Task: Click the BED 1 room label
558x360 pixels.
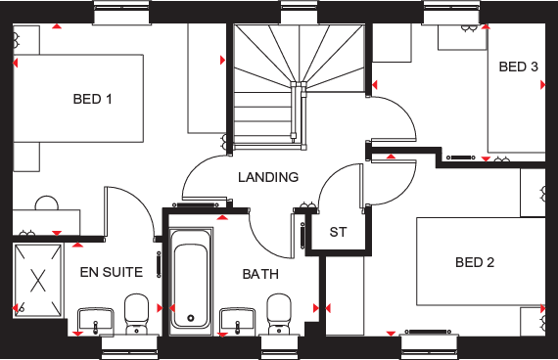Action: click(x=92, y=99)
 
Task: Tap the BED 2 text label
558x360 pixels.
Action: click(x=475, y=262)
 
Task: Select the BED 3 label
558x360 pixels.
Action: click(x=518, y=67)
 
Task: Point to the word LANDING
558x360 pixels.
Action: click(x=268, y=177)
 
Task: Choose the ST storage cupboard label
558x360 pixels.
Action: click(x=339, y=233)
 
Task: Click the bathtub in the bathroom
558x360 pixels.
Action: click(x=190, y=279)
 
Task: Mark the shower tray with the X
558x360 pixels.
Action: click(x=38, y=279)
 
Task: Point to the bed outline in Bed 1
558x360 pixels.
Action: click(x=78, y=98)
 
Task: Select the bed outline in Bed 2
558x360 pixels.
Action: click(x=480, y=261)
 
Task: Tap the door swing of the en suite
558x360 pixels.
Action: click(x=127, y=210)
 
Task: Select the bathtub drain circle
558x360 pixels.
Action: click(x=190, y=318)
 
